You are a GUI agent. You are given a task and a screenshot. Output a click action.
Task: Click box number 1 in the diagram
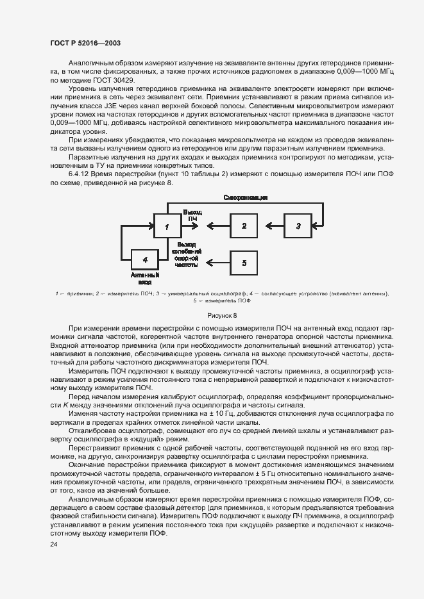pos(167,226)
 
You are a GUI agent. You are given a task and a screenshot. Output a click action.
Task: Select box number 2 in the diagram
pos(244,226)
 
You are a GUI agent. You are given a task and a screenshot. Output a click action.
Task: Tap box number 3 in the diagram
pos(297,226)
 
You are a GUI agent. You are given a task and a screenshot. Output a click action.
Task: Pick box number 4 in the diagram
pos(145,259)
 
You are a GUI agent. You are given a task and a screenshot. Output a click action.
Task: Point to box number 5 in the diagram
pos(244,262)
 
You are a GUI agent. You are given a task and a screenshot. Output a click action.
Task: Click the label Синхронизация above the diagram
pos(246,198)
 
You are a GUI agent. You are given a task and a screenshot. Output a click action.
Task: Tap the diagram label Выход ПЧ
pos(192,215)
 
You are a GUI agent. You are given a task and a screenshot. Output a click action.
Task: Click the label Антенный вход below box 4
pos(145,277)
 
